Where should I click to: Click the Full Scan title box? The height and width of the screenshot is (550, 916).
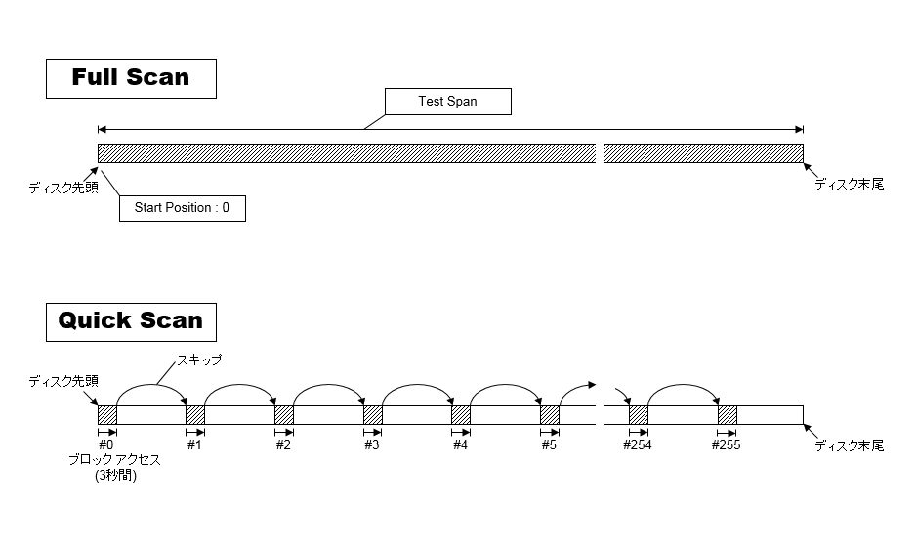[x=131, y=78]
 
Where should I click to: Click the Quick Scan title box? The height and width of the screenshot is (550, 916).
[x=131, y=320]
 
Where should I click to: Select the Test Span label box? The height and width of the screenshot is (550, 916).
[x=447, y=102]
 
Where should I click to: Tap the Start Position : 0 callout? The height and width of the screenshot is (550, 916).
[x=182, y=208]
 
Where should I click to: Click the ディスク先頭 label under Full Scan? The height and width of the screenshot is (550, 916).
[x=63, y=188]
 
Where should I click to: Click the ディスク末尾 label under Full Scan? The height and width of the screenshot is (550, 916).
[x=849, y=184]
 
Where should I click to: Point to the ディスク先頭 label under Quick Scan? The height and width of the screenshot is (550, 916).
[x=63, y=381]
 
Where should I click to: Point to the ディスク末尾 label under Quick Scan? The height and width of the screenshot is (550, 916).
[x=849, y=445]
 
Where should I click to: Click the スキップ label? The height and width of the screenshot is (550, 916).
[x=199, y=360]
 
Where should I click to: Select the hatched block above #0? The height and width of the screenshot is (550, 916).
[x=107, y=415]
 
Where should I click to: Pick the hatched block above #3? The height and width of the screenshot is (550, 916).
[x=373, y=415]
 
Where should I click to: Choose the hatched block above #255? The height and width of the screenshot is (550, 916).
[x=728, y=415]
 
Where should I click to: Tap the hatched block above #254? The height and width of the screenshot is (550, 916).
[x=639, y=415]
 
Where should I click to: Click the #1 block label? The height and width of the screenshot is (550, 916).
[x=194, y=445]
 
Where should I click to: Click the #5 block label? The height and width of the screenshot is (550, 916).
[x=549, y=445]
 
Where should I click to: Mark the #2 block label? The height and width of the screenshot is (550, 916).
[x=283, y=445]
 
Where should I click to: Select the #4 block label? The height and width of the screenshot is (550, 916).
[x=460, y=445]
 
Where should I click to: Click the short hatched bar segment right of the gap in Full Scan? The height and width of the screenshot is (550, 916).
[x=702, y=153]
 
